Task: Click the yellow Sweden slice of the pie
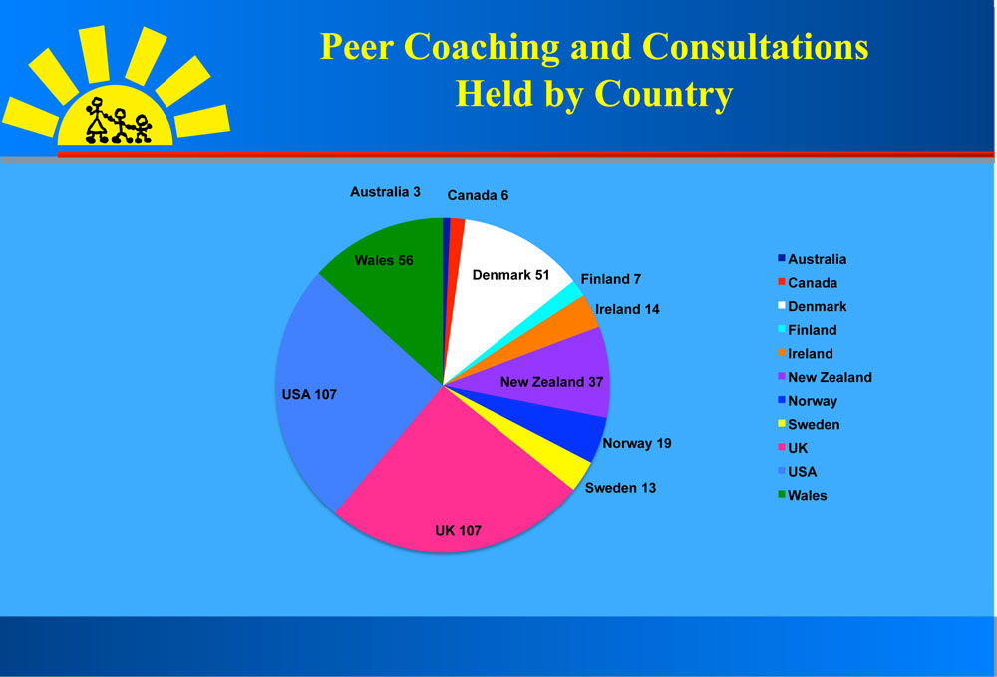tap(559, 458)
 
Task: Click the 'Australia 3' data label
tap(385, 192)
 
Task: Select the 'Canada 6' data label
tap(478, 195)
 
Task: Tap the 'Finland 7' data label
tap(610, 279)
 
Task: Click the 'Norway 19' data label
tap(636, 443)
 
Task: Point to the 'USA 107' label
tap(309, 394)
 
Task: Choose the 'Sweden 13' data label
tap(620, 488)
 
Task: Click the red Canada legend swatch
tap(782, 281)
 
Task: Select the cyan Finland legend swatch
tap(782, 329)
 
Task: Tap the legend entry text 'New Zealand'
tap(830, 377)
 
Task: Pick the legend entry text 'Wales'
tap(807, 496)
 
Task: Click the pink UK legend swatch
tap(782, 447)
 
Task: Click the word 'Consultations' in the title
tap(756, 47)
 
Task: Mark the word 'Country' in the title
tap(663, 94)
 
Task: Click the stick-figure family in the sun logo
tap(119, 121)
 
